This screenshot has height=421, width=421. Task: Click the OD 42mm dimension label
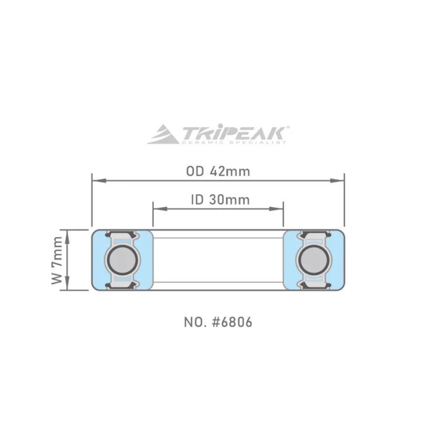coord(218,172)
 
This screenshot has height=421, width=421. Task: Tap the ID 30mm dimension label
coord(220,200)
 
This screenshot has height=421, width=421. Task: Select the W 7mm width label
coord(57,260)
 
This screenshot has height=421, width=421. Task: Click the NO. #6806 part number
coord(218,322)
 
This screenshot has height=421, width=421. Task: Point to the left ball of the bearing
coord(123,260)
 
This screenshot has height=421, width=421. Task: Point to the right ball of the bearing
coord(314,260)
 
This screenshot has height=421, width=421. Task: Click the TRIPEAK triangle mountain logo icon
coord(163,134)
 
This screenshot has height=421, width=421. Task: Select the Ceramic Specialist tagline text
coord(234,142)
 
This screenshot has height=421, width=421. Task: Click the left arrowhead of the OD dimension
coord(99,181)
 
